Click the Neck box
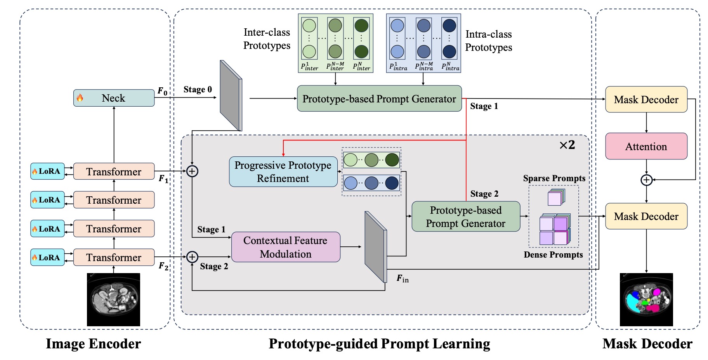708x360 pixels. coord(114,98)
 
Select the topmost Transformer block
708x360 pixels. coord(114,171)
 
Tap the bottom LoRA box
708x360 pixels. coord(47,258)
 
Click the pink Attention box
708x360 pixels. coord(646,146)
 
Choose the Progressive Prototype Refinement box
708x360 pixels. coord(283,172)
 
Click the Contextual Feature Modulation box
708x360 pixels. coord(286,247)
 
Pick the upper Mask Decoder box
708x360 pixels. coord(646,100)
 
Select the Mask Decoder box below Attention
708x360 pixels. coord(646,216)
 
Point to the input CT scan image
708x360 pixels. coord(113,299)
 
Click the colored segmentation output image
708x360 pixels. coord(646,299)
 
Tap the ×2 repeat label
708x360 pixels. coord(567,145)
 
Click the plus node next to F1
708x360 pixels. coord(192,171)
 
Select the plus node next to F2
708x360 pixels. coord(192,257)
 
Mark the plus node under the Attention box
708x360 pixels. coord(646,180)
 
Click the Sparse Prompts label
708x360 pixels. coord(554,178)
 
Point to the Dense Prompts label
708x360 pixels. coord(553,255)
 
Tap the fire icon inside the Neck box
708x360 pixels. coord(80,98)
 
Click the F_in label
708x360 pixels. coord(403,279)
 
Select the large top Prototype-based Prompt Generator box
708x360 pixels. coord(379,99)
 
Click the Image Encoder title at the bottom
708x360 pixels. coord(93,344)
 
